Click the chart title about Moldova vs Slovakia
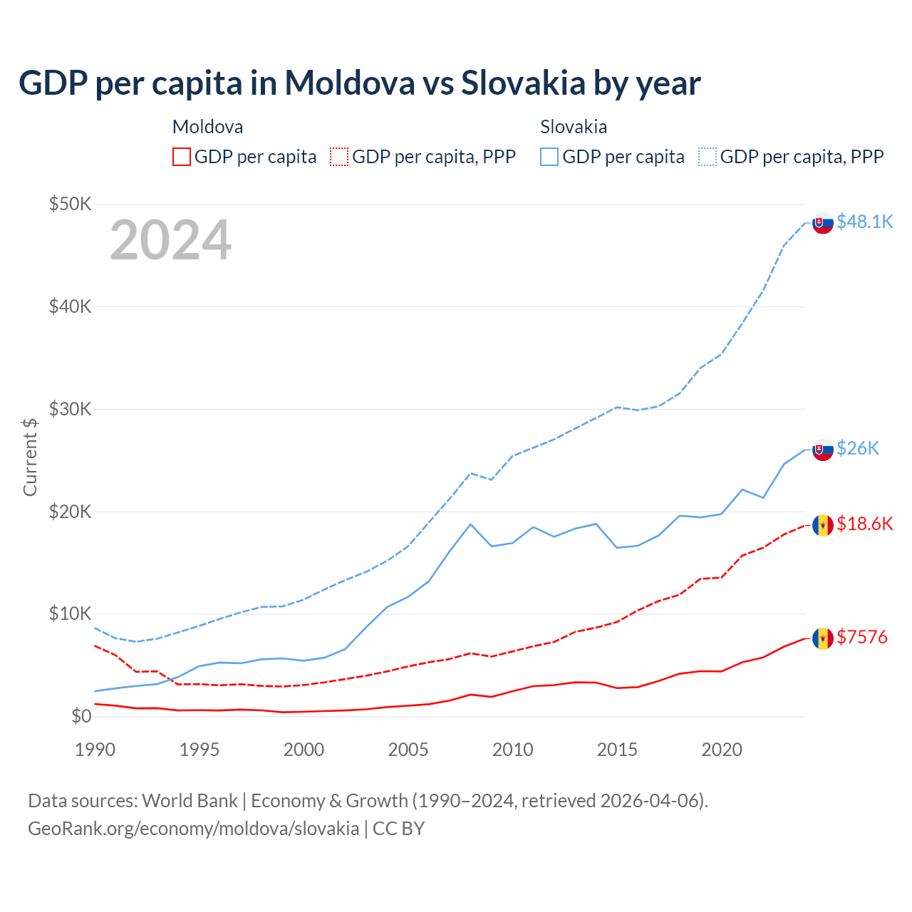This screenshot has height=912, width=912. [x=360, y=83]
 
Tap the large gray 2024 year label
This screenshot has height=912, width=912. [x=170, y=240]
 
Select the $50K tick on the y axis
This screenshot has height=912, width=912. [x=71, y=204]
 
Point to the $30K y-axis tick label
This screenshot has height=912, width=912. [x=71, y=409]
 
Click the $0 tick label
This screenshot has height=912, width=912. [x=81, y=716]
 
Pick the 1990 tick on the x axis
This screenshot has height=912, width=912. [x=95, y=750]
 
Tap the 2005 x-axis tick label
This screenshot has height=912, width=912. [x=408, y=750]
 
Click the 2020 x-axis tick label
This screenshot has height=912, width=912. [x=722, y=750]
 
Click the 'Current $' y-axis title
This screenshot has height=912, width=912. [x=30, y=457]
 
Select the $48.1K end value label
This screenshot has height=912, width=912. [x=864, y=222]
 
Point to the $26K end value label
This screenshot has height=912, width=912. [x=858, y=448]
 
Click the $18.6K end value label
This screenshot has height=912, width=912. [x=864, y=524]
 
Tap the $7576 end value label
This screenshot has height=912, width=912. [x=862, y=637]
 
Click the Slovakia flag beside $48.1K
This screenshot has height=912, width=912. [x=823, y=223]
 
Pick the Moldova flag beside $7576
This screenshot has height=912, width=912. [x=823, y=638]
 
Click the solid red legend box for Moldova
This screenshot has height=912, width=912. [x=182, y=157]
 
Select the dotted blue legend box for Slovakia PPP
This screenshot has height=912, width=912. [x=708, y=157]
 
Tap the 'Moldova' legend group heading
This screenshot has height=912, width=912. [x=207, y=127]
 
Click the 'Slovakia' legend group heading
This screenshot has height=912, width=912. [x=574, y=127]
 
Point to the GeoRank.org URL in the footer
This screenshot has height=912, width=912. [x=194, y=829]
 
